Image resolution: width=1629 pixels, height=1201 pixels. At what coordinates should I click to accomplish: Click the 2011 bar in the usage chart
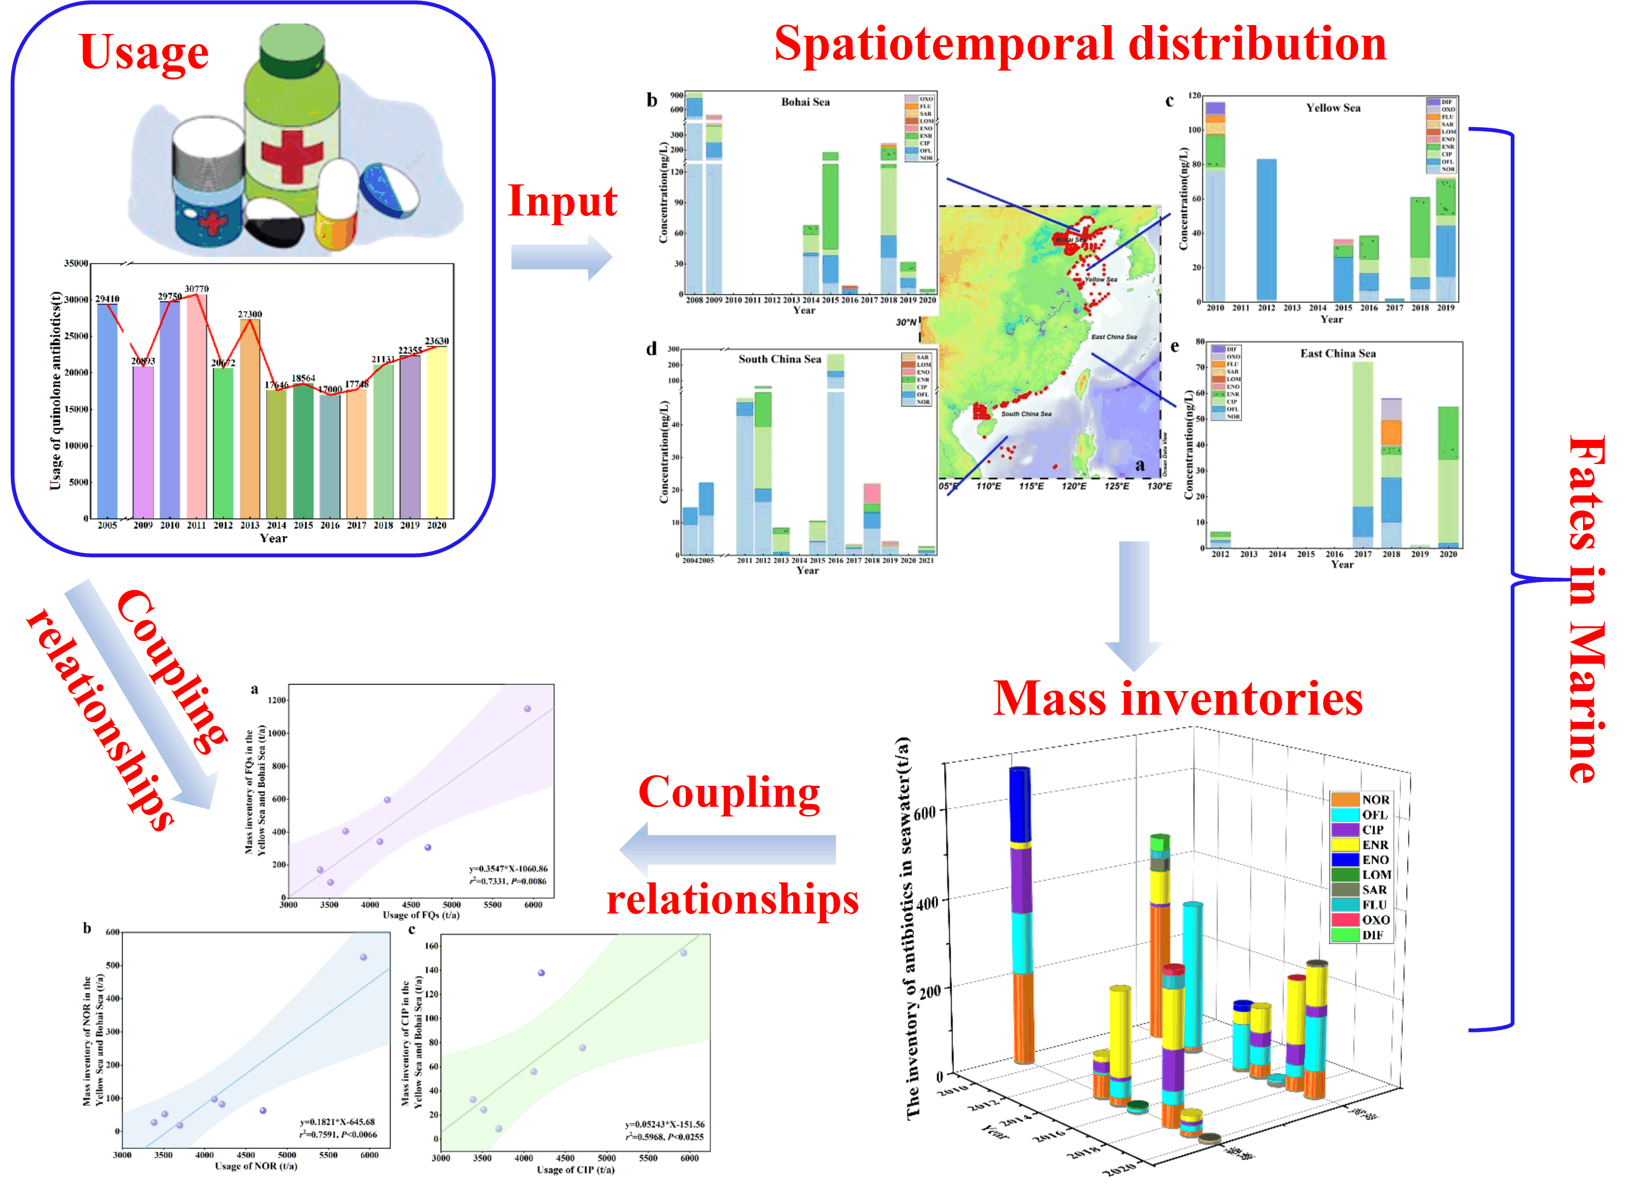[196, 407]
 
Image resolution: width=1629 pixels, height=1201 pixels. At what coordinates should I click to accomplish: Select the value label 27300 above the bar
[250, 314]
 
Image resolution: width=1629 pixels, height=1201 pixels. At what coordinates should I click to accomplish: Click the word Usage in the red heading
[144, 52]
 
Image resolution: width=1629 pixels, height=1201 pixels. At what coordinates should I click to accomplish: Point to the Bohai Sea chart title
[805, 102]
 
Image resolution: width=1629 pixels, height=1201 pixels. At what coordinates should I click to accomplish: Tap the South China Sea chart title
[779, 359]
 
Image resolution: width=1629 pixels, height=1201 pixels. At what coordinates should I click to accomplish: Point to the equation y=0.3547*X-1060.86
[508, 869]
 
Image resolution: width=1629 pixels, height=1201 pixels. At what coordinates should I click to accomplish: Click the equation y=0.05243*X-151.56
[665, 1124]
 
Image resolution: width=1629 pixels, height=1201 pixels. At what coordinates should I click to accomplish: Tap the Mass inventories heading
[1178, 699]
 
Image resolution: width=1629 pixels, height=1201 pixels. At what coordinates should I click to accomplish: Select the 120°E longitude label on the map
[1074, 486]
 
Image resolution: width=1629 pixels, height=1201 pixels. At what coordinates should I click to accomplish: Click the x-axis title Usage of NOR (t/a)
[256, 1166]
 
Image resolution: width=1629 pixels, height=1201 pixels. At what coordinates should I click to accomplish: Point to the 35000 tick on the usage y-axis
[76, 263]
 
